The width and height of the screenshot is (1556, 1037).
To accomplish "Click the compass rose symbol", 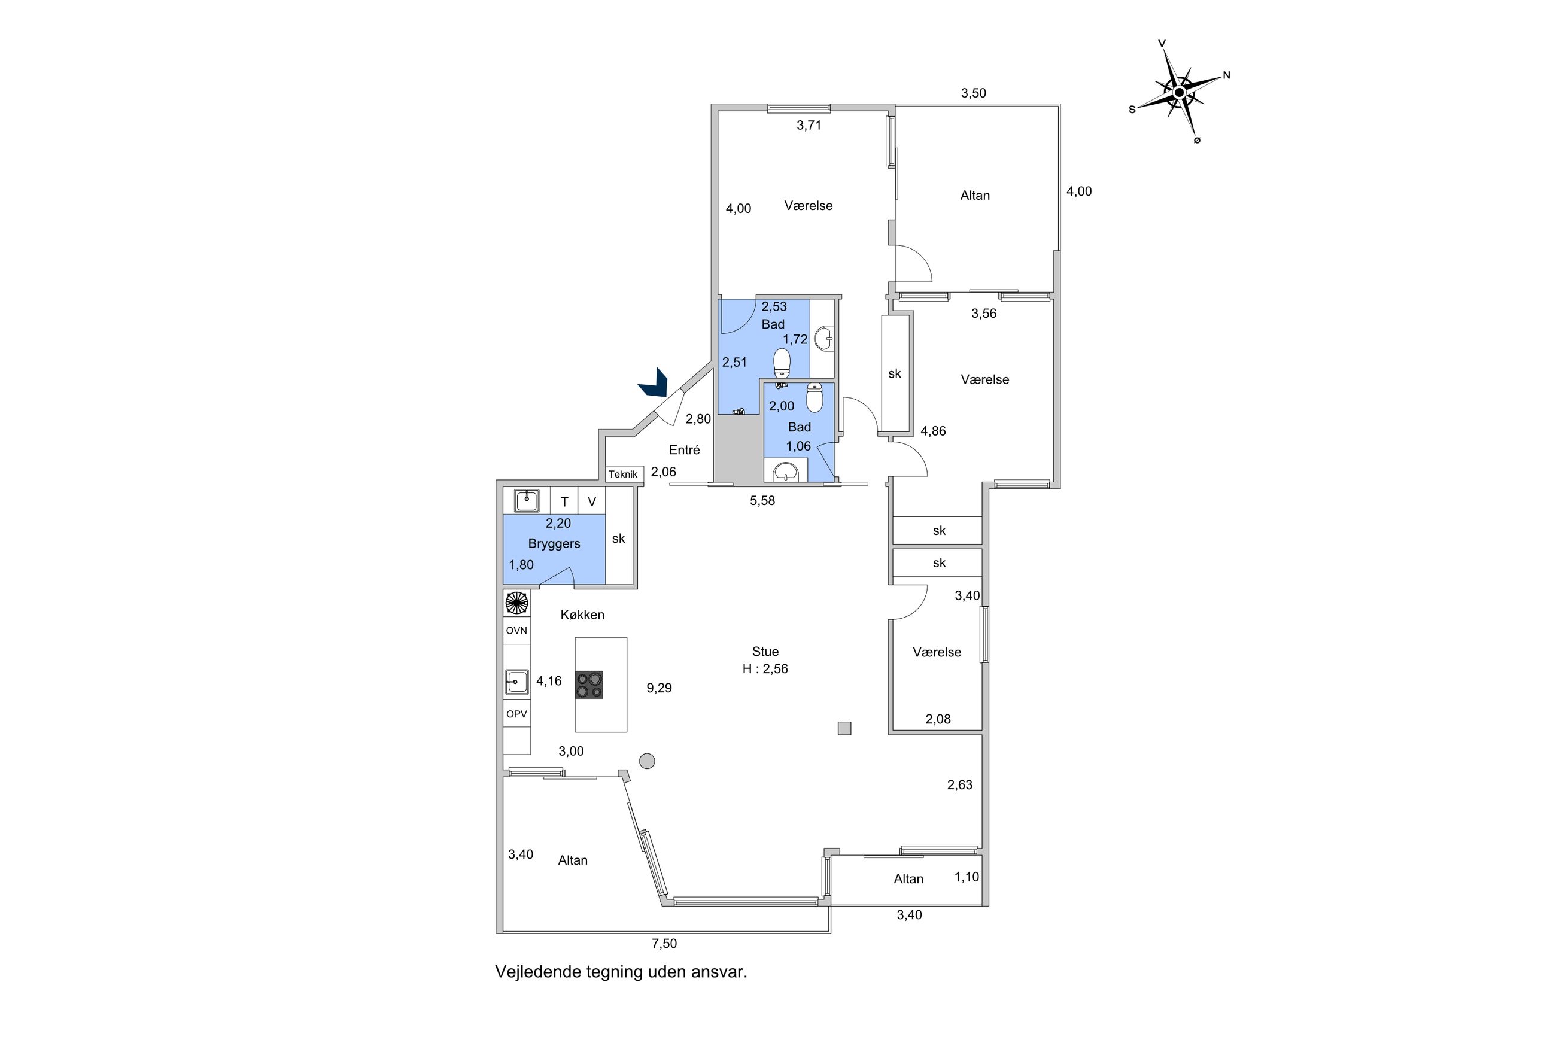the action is pyautogui.click(x=1179, y=92).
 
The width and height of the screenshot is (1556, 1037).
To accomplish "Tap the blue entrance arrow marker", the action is pyautogui.click(x=654, y=384).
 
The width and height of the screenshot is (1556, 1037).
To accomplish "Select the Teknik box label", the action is pyautogui.click(x=623, y=474).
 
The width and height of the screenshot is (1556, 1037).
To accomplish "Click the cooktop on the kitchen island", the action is pyautogui.click(x=588, y=685).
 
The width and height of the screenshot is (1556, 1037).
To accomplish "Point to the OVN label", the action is pyautogui.click(x=516, y=630).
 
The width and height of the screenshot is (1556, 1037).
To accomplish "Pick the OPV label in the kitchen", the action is pyautogui.click(x=516, y=714).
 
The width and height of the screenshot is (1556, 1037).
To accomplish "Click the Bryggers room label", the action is pyautogui.click(x=554, y=543).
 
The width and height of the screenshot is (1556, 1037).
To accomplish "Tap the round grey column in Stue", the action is pyautogui.click(x=647, y=761).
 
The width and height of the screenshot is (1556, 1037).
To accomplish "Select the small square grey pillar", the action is pyautogui.click(x=844, y=728).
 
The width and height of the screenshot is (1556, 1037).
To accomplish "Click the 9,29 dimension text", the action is pyautogui.click(x=660, y=688).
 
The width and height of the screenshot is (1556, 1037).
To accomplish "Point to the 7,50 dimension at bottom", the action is pyautogui.click(x=664, y=944).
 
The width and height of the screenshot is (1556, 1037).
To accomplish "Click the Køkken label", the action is pyautogui.click(x=582, y=615).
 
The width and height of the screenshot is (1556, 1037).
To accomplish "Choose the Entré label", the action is pyautogui.click(x=685, y=450).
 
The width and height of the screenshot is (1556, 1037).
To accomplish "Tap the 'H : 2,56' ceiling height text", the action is pyautogui.click(x=765, y=668).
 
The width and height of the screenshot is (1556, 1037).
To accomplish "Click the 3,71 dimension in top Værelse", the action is pyautogui.click(x=809, y=125).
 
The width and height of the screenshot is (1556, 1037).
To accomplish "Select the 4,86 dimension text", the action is pyautogui.click(x=933, y=431).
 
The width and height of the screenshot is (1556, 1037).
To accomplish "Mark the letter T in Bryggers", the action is pyautogui.click(x=565, y=502).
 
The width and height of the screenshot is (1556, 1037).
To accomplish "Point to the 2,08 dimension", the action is pyautogui.click(x=938, y=719).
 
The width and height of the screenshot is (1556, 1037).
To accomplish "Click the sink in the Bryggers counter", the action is pyautogui.click(x=527, y=501).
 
